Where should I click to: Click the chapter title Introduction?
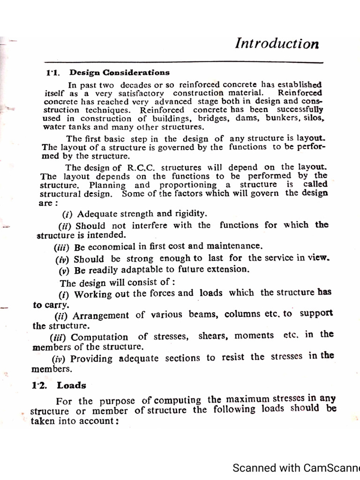[277, 44]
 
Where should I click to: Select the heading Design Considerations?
[120, 72]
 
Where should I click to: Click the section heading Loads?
[72, 385]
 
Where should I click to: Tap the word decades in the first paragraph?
[136, 85]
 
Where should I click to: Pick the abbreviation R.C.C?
[142, 167]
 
